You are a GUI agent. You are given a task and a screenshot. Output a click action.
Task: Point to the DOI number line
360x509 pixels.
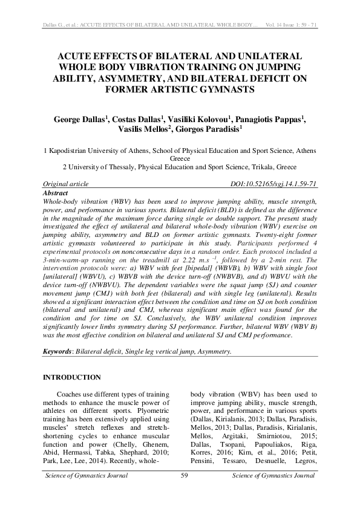(x=275, y=184)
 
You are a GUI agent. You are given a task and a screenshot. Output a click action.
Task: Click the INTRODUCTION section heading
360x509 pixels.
(x=72, y=378)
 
